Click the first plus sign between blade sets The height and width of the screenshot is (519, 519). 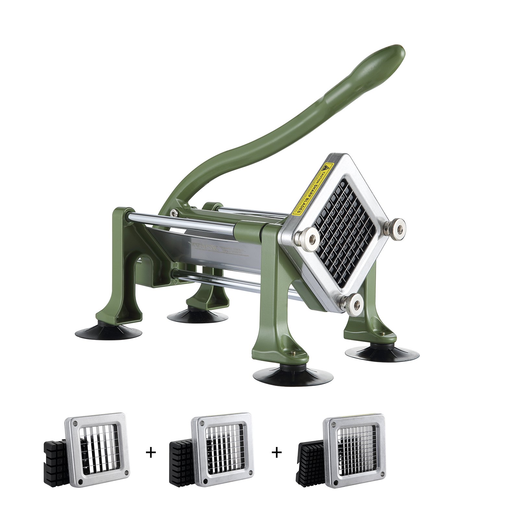click(151, 453)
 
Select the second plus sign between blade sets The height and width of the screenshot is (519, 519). click(277, 453)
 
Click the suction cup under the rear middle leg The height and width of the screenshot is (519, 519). click(197, 315)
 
